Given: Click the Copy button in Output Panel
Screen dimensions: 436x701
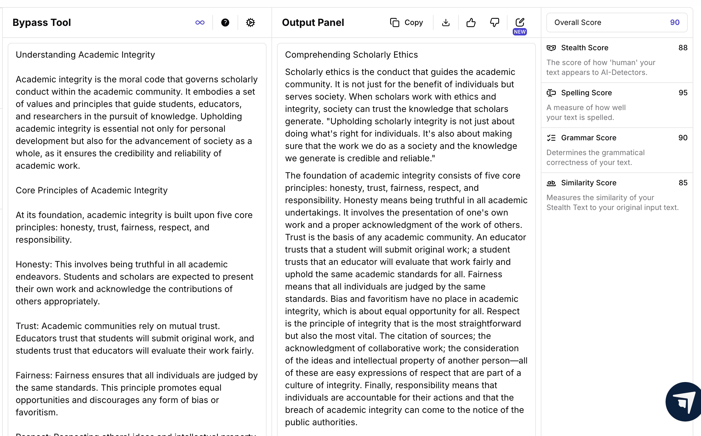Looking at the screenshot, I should point(406,23).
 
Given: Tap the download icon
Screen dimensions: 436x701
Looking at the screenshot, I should point(446,23).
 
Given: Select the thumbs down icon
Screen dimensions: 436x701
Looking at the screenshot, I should point(495,23).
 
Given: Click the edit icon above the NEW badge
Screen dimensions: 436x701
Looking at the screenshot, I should point(520,22).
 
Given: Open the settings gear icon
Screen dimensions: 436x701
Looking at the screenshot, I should point(251,23).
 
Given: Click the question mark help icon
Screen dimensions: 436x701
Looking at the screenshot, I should point(225,23).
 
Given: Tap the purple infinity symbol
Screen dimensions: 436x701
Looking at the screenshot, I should point(200,23).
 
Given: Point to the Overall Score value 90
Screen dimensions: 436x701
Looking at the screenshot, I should point(675,23).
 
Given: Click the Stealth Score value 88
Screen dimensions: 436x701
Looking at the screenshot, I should point(683,48).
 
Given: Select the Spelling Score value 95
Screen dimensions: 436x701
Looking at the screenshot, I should point(683,93).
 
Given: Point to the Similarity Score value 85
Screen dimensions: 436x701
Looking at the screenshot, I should point(683,183).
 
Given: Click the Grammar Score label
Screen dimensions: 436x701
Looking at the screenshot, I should point(589,138).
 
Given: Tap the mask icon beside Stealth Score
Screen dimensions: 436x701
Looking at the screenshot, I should point(551,48).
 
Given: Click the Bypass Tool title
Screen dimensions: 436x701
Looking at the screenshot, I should point(42,23).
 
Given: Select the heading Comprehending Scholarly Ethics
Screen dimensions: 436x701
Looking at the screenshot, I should point(351,55).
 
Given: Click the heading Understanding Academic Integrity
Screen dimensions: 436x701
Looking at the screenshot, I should point(85,55).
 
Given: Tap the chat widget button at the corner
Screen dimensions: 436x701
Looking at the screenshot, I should point(684,402).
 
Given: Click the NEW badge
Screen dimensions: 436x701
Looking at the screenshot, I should point(520,32).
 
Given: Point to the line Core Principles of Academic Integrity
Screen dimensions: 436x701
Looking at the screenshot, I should point(92,190).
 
